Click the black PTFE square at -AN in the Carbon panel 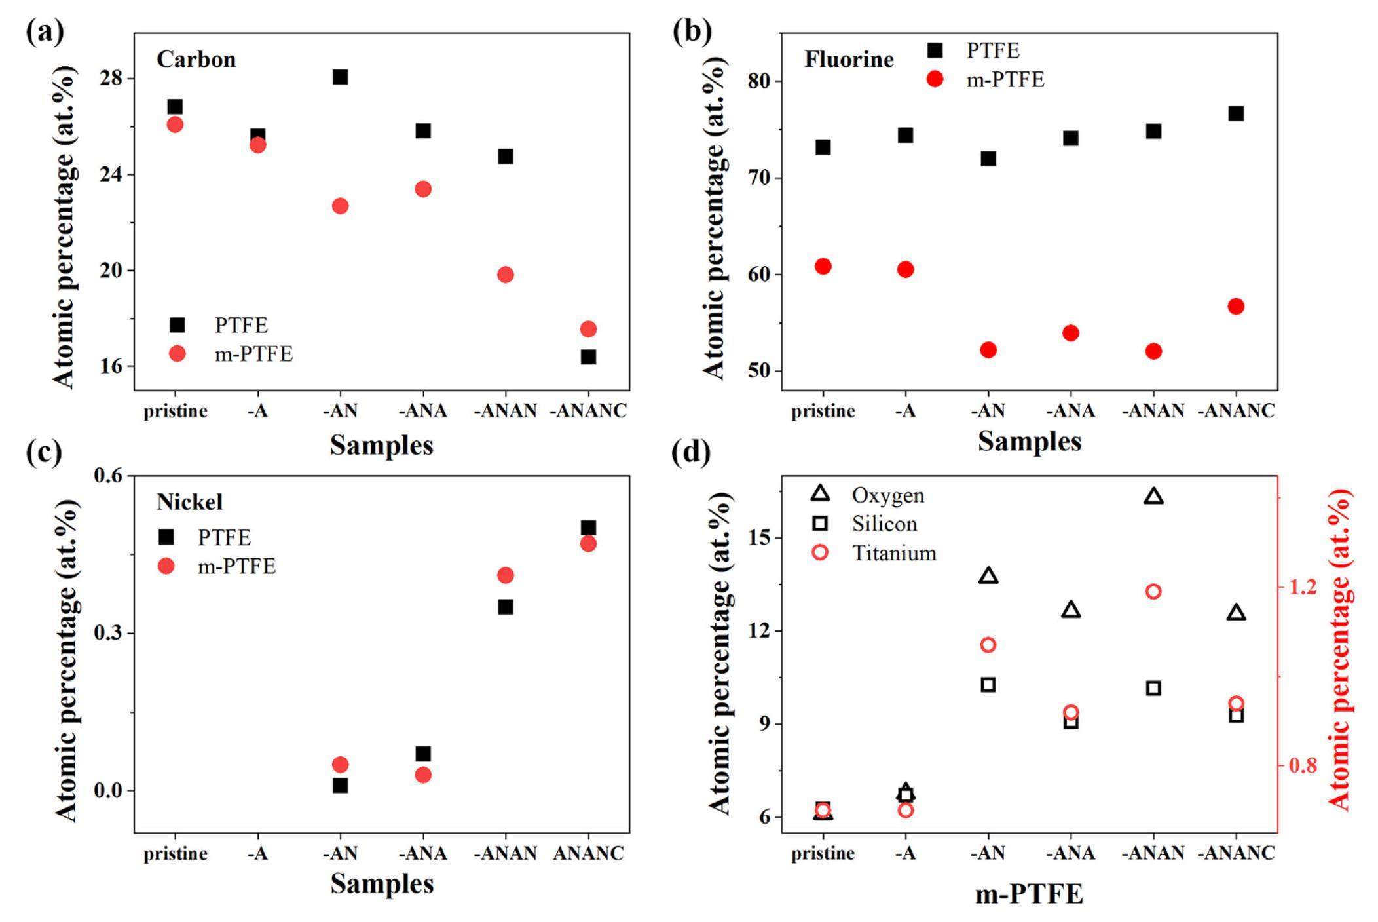[x=340, y=77]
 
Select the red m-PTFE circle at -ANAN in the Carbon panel [x=505, y=275]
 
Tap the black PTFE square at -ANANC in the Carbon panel [x=588, y=357]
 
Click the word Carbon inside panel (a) [x=196, y=60]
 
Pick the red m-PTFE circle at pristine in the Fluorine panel [x=823, y=266]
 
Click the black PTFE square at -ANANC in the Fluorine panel [x=1236, y=113]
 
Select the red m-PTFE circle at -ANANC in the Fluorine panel [x=1236, y=306]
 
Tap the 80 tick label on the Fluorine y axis [x=759, y=81]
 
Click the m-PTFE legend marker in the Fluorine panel [x=935, y=80]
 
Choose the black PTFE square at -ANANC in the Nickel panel [x=588, y=528]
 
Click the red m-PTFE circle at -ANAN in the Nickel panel [x=505, y=575]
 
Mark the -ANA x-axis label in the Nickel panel [x=423, y=853]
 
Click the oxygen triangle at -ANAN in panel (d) [x=1153, y=497]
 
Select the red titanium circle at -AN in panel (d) [x=988, y=645]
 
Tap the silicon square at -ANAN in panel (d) [x=1153, y=688]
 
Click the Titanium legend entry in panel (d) [x=893, y=553]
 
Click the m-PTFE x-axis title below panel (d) [x=1029, y=894]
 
